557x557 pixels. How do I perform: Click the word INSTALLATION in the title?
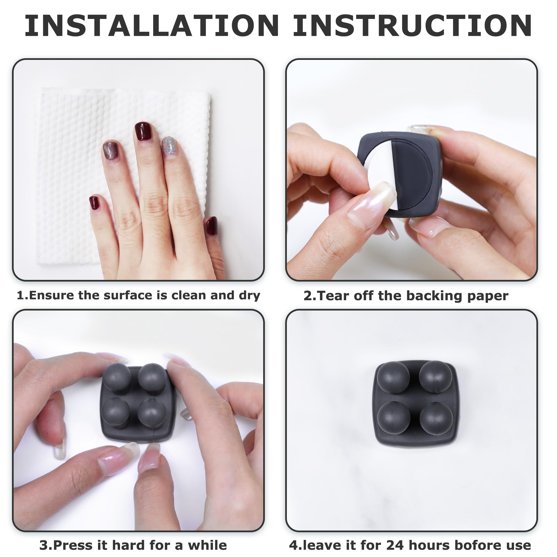tap(152, 26)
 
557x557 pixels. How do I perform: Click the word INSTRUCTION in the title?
tap(412, 26)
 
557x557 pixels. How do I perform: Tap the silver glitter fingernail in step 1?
tap(169, 146)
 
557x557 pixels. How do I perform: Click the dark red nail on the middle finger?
tap(143, 131)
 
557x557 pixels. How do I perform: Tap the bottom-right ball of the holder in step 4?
tap(436, 418)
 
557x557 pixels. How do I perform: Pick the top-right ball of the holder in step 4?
tap(436, 376)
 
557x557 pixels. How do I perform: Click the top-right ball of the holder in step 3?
tap(152, 377)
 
